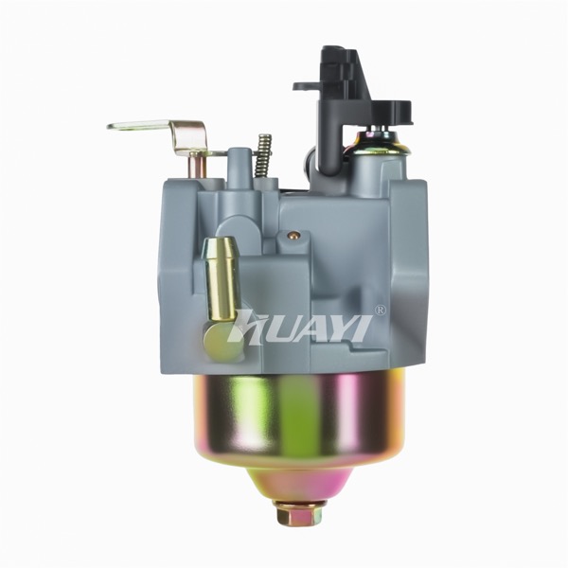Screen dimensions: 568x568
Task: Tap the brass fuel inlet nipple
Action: [220, 280]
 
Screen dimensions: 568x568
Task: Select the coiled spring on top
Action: [264, 156]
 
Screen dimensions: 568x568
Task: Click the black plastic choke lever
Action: [354, 105]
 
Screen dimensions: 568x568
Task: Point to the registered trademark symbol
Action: [382, 311]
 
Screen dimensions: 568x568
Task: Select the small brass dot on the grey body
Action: [292, 236]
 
